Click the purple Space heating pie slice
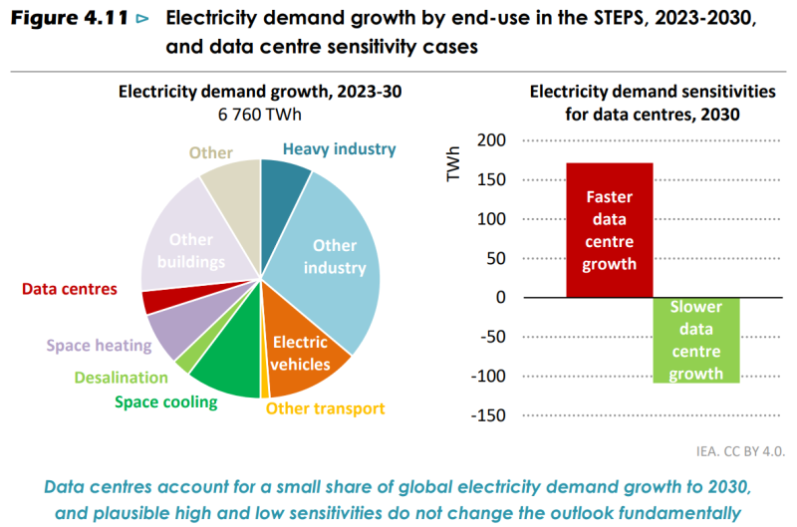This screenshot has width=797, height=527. [171, 331]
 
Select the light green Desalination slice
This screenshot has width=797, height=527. [183, 365]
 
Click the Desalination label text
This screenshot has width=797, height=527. [121, 378]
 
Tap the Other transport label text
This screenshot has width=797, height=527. [325, 408]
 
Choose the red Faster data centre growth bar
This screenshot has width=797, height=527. [609, 230]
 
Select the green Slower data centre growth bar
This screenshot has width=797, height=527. [696, 340]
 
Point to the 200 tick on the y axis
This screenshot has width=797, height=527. [491, 140]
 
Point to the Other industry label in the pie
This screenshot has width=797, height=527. [334, 256]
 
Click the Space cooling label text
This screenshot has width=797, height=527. [165, 402]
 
